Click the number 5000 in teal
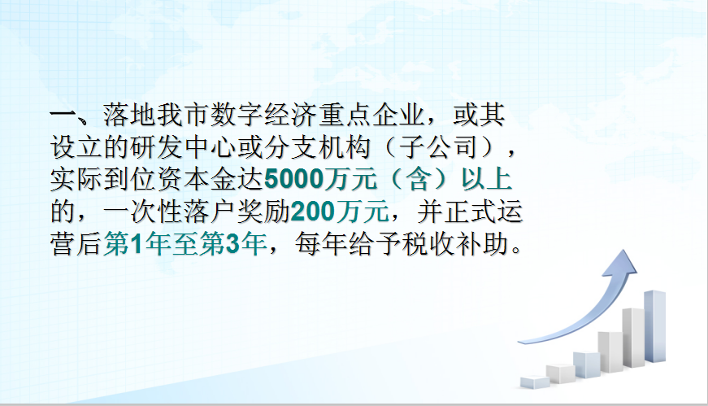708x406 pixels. pos(293,180)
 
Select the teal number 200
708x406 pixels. pos(313,212)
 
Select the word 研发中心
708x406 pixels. pos(185,147)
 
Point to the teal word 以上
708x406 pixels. pos(486,180)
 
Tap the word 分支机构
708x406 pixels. pos(318,147)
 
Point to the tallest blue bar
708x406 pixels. pos(654,326)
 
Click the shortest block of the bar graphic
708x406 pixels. pos(535,382)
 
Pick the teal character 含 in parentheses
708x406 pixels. pos(419,180)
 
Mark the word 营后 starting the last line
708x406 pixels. pos(76,244)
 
